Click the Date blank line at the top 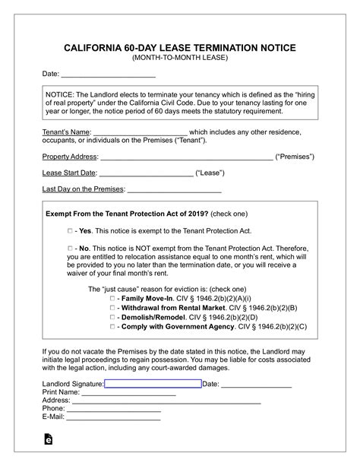point(108,74)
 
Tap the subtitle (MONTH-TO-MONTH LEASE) point(179,58)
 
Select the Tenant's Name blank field point(141,132)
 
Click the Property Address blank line point(186,157)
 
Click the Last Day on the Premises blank point(174,189)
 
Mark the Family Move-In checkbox point(112,299)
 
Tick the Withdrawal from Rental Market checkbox point(112,308)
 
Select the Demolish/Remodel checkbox point(112,317)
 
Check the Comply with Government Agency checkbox point(112,326)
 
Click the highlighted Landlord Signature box point(153,384)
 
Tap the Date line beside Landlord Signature point(256,384)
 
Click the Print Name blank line point(128,392)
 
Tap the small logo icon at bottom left point(49,439)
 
